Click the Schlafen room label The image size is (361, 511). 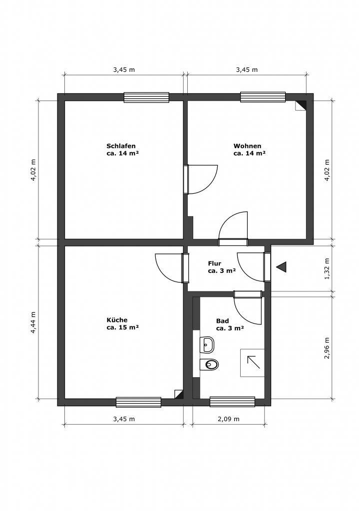coord(121,150)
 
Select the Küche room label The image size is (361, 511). coord(123,323)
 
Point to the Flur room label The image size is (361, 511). coord(222,267)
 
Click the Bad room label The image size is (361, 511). coord(230,324)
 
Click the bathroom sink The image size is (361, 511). coord(208,344)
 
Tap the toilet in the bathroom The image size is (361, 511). coord(209,364)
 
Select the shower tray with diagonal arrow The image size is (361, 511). coord(253,363)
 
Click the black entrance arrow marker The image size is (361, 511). coord(281,267)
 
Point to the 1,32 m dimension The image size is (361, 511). coord(327,268)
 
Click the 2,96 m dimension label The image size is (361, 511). coord(327,348)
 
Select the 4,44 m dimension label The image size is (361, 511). coord(33,322)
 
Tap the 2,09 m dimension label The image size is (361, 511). coord(228,419)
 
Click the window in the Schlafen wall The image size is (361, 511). coord(146,97)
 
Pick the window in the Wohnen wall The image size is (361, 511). coord(263,97)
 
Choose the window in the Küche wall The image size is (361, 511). coord(139,402)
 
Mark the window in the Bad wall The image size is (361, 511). coord(232,402)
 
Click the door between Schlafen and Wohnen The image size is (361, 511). coord(200,180)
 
